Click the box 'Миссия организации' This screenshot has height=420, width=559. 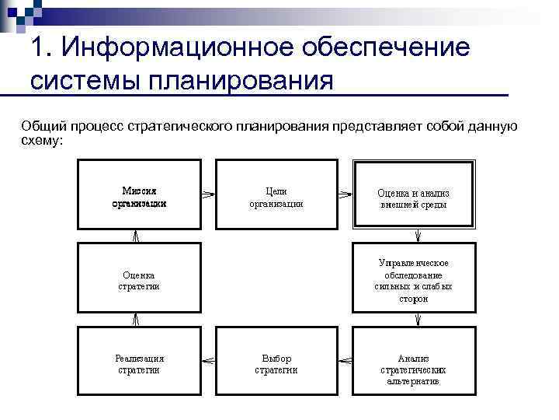[x=139, y=194]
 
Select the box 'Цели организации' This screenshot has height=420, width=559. [x=276, y=194]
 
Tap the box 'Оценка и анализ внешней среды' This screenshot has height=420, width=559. [x=413, y=194]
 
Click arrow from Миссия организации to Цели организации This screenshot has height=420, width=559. [x=208, y=194]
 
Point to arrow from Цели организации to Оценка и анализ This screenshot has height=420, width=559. [x=345, y=194]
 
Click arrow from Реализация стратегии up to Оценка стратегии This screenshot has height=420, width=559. [x=136, y=320]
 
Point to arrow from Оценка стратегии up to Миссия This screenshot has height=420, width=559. [x=136, y=235]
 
